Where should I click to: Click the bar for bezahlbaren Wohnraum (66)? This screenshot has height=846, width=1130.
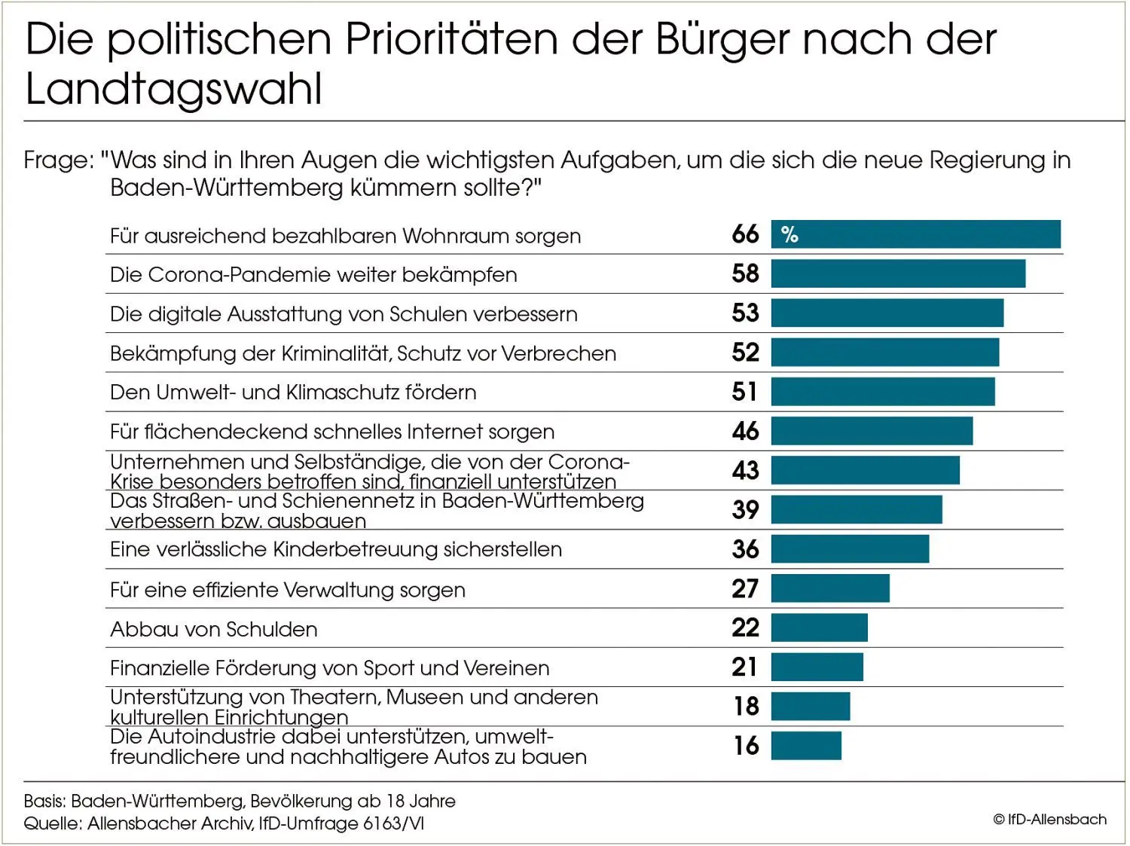pyautogui.click(x=915, y=234)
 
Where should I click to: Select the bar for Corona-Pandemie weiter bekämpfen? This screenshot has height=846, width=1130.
pyautogui.click(x=898, y=273)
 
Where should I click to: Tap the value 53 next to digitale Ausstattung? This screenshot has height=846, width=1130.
pyautogui.click(x=745, y=313)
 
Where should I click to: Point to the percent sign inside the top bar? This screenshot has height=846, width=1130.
pyautogui.click(x=789, y=235)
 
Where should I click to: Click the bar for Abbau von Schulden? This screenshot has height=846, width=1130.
pyautogui.click(x=819, y=628)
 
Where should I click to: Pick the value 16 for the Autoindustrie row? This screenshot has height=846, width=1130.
pyautogui.click(x=746, y=746)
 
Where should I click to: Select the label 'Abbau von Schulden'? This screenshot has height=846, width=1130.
pyautogui.click(x=214, y=629)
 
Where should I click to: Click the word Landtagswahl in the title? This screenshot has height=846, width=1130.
pyautogui.click(x=174, y=89)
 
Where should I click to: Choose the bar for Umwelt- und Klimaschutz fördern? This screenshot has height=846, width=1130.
pyautogui.click(x=883, y=392)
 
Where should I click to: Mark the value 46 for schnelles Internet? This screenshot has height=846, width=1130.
pyautogui.click(x=745, y=431)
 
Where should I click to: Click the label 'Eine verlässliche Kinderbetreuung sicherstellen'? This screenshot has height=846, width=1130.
pyautogui.click(x=336, y=549)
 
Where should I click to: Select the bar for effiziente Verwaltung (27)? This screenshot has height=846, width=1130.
pyautogui.click(x=830, y=588)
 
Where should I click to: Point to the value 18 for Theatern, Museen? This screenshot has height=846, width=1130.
pyautogui.click(x=746, y=707)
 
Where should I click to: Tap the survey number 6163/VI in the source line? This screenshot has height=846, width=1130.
pyautogui.click(x=393, y=823)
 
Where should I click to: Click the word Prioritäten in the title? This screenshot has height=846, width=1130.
pyautogui.click(x=451, y=39)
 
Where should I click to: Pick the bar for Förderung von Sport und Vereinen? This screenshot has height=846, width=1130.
pyautogui.click(x=817, y=667)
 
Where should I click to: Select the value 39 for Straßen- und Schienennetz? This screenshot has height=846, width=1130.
pyautogui.click(x=745, y=510)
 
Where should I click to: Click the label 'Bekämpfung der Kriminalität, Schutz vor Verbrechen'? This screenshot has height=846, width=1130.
pyautogui.click(x=363, y=353)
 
